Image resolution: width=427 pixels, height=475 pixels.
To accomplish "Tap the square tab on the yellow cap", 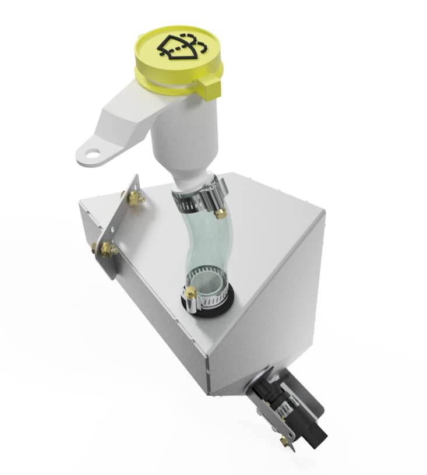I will (x=210, y=87).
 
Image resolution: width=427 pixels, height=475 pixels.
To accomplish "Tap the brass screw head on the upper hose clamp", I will (x=220, y=214).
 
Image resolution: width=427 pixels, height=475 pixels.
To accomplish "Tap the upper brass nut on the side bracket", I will (x=139, y=199).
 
